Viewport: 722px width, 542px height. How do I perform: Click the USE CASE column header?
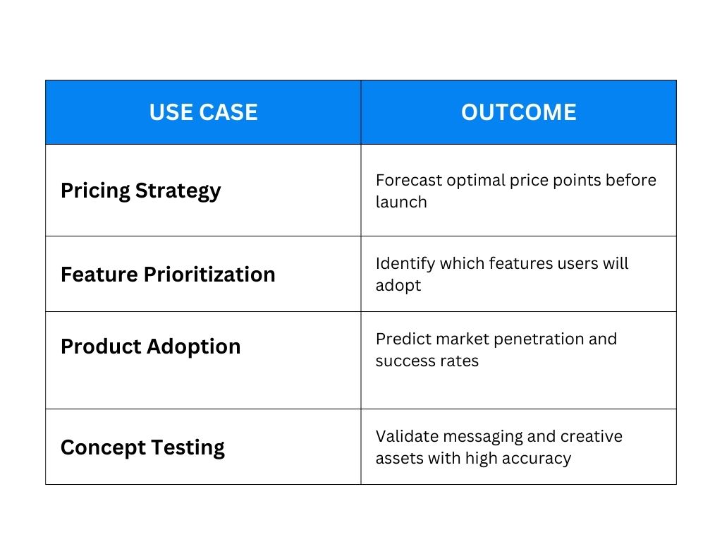(x=203, y=112)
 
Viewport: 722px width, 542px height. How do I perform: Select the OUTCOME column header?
(x=518, y=112)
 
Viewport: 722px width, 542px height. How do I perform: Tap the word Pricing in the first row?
(x=95, y=191)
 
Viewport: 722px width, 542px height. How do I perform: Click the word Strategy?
(x=178, y=191)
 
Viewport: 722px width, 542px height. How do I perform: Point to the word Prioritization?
(x=209, y=275)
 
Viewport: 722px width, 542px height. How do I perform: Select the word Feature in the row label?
(x=99, y=275)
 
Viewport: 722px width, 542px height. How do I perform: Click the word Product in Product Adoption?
(x=101, y=346)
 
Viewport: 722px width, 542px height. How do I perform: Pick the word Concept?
(x=103, y=447)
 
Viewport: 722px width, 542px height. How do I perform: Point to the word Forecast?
(x=408, y=180)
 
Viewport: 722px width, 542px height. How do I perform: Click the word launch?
(x=401, y=202)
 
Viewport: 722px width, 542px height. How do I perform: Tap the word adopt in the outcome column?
(x=398, y=286)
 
